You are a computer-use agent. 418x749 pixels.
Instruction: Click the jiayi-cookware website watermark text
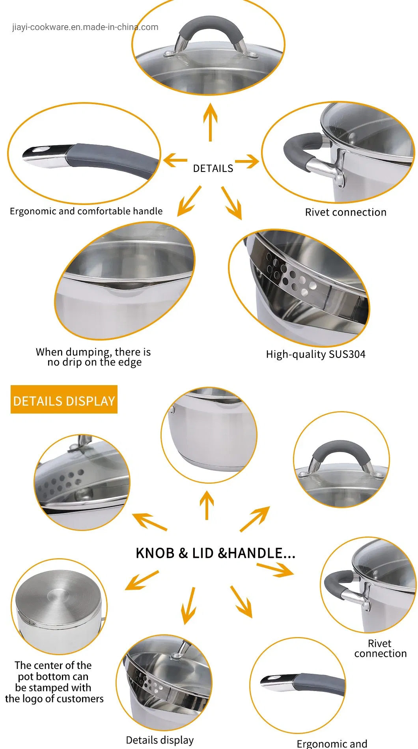click(x=85, y=27)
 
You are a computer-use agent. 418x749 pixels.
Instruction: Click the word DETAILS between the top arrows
click(x=213, y=168)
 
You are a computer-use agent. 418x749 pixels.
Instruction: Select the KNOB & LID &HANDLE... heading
click(x=215, y=553)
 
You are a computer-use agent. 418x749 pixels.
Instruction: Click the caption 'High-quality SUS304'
click(x=315, y=354)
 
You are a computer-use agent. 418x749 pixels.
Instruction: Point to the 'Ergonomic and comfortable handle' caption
click(x=86, y=211)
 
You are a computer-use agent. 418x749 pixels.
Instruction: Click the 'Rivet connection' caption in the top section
click(x=345, y=212)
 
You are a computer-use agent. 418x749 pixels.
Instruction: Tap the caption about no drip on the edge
click(x=93, y=357)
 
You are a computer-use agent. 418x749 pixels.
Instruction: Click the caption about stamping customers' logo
click(x=54, y=682)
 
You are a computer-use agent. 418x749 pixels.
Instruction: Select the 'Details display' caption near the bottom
click(x=160, y=740)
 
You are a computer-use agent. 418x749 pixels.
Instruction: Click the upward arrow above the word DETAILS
click(x=210, y=121)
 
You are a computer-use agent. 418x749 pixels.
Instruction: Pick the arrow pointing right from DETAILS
click(x=247, y=161)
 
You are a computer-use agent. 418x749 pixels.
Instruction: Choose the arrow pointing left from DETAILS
click(x=175, y=160)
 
